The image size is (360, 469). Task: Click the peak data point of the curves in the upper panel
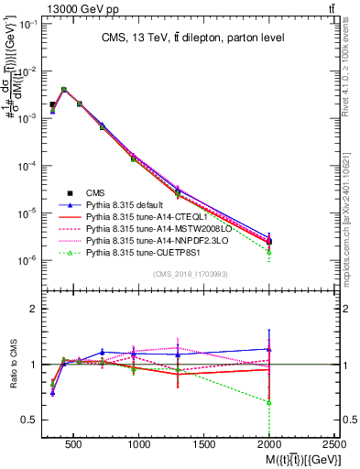click(63, 90)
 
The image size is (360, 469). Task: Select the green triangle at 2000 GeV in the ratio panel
click(268, 402)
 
